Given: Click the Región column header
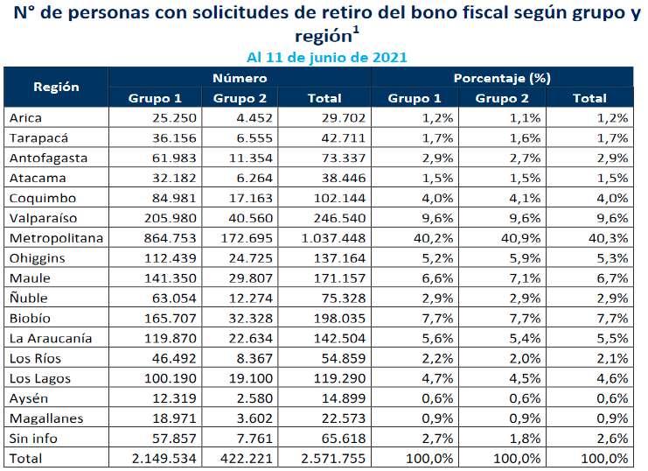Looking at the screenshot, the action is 56,87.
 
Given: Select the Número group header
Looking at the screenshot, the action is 240,78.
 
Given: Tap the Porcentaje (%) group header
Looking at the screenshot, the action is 502,78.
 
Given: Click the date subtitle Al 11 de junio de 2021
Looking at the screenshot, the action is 327,57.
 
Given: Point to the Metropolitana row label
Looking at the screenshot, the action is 56,238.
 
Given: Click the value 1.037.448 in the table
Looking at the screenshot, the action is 333,238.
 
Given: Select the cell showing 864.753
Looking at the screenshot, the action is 170,238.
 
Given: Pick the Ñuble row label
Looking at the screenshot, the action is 29,298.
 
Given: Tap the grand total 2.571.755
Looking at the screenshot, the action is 333,458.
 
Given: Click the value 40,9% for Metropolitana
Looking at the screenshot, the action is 520,238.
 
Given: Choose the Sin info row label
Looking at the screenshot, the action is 33,438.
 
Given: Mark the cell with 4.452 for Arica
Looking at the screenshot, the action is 254,118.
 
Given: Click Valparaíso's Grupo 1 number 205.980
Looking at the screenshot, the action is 170,218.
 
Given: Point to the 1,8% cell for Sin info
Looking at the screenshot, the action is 525,438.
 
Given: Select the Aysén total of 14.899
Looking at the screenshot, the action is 344,398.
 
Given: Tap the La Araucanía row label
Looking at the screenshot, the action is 51,338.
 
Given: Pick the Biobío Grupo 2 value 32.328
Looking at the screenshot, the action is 251,318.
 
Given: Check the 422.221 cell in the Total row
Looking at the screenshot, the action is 247,458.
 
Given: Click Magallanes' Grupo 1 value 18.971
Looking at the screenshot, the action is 174,418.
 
